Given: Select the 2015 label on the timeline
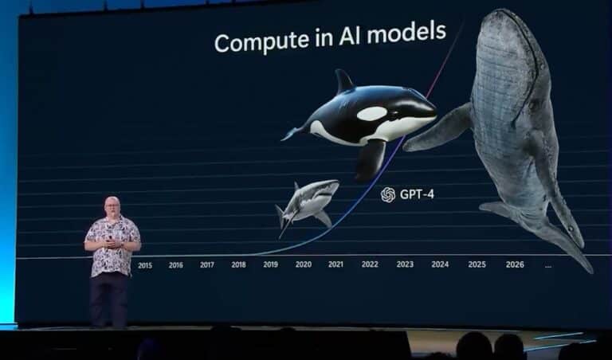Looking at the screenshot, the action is [x=145, y=265].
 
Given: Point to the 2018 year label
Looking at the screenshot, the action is [x=238, y=265].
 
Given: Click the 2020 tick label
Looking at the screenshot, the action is [x=304, y=264].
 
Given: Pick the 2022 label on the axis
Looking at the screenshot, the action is [x=370, y=264].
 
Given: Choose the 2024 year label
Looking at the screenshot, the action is [x=440, y=264].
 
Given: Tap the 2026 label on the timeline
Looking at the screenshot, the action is [x=515, y=264].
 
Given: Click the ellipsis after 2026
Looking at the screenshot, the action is [x=548, y=266].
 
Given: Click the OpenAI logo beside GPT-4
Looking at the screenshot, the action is [x=388, y=194].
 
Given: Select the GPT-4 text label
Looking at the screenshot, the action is [x=417, y=194].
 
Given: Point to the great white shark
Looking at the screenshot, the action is [x=307, y=205].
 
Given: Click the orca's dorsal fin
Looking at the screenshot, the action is [x=344, y=80].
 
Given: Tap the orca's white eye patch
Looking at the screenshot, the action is [x=372, y=114].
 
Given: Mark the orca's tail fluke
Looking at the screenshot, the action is [x=292, y=133].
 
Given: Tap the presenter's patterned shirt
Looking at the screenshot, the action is [x=112, y=246].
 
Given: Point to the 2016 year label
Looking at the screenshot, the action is [x=175, y=265].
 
